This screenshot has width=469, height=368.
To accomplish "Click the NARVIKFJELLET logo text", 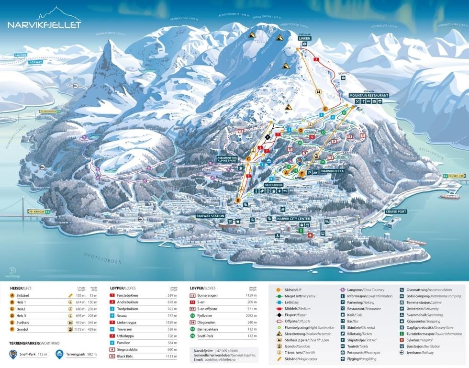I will click(x=44, y=25).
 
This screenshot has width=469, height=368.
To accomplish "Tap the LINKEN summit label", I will click(x=305, y=38).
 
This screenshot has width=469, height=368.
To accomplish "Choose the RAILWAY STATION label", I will click(x=210, y=216).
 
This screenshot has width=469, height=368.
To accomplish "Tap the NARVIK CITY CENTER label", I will click(x=294, y=218).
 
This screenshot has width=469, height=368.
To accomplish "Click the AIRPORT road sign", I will click(x=39, y=212).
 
